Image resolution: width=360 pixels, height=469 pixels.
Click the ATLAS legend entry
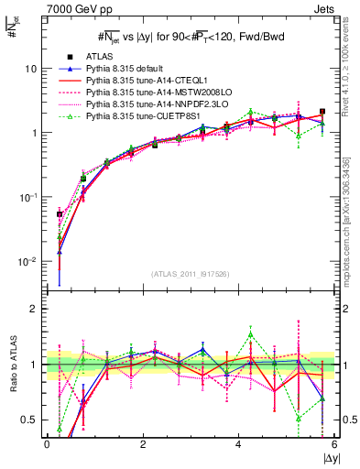[x=96, y=57]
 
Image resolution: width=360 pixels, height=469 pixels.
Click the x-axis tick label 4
[x=238, y=444]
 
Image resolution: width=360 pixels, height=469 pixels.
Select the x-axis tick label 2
[x=143, y=444]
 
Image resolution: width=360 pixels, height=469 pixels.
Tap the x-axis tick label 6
[x=334, y=444]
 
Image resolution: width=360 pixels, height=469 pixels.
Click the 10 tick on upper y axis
[x=31, y=69]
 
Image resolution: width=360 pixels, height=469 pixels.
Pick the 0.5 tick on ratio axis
[x=29, y=420]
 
